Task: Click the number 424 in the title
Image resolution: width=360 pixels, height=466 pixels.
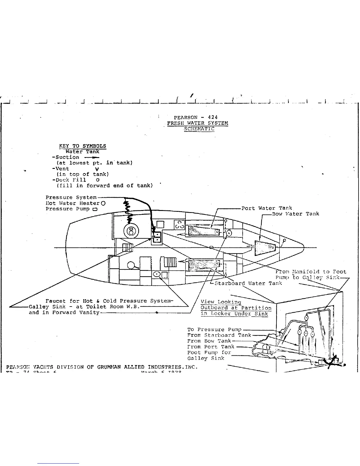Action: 213,117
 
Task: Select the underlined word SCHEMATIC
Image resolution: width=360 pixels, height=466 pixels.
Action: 199,129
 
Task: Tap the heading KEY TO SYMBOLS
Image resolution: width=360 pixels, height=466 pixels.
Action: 82,146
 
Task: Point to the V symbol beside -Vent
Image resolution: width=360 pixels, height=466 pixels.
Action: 97,169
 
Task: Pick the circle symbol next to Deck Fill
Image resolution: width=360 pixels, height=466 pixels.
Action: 98,180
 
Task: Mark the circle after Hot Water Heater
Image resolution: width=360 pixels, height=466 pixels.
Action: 103,203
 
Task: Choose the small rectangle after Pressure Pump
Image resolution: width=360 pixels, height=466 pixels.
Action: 95,209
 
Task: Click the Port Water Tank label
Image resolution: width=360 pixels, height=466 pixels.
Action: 266,208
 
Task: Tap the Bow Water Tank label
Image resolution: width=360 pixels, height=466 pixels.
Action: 295,214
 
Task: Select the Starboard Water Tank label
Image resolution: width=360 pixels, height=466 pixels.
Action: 248,283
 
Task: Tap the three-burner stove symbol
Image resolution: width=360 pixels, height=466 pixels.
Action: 179,225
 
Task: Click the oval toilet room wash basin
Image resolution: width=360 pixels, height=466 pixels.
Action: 157,274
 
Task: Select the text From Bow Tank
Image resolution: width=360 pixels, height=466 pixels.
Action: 209,341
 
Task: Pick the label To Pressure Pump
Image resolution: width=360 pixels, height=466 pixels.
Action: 214,329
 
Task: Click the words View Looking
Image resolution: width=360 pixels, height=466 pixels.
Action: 221,302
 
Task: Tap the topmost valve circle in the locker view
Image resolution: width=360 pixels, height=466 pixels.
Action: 306,318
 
